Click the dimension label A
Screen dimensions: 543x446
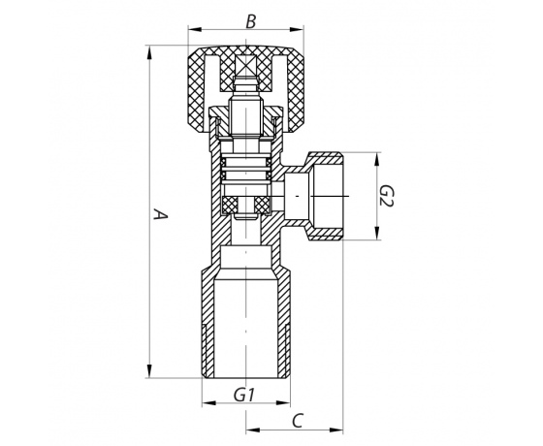click(160, 214)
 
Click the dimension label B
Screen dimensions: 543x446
click(251, 21)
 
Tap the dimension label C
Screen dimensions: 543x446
click(298, 421)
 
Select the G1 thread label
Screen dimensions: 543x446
click(244, 395)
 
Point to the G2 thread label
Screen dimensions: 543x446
click(386, 196)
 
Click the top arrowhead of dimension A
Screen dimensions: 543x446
click(149, 53)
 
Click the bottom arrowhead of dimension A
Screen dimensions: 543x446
click(149, 370)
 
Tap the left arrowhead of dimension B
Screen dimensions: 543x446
click(195, 29)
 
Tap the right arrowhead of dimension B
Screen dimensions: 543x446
click(296, 29)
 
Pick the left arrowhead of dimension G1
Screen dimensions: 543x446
click(209, 403)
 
